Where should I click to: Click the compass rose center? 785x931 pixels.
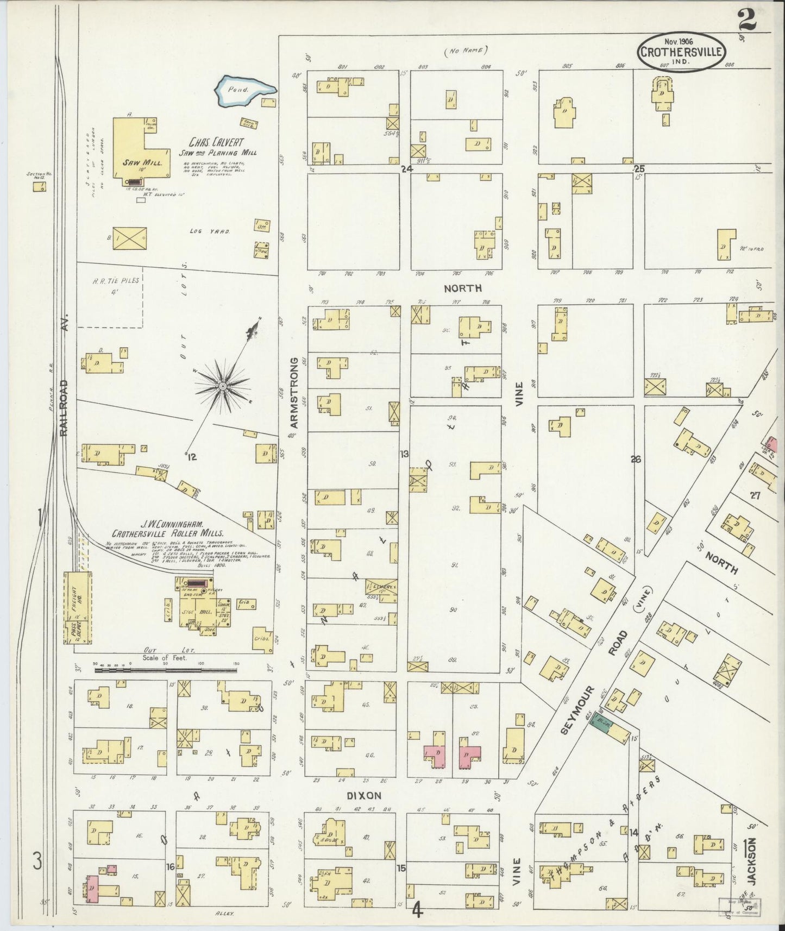(x=222, y=386)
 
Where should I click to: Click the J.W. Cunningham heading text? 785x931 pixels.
(x=172, y=525)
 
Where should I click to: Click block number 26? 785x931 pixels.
(x=636, y=459)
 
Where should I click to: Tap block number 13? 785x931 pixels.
(x=404, y=454)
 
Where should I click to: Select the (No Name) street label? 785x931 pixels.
(x=466, y=51)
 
